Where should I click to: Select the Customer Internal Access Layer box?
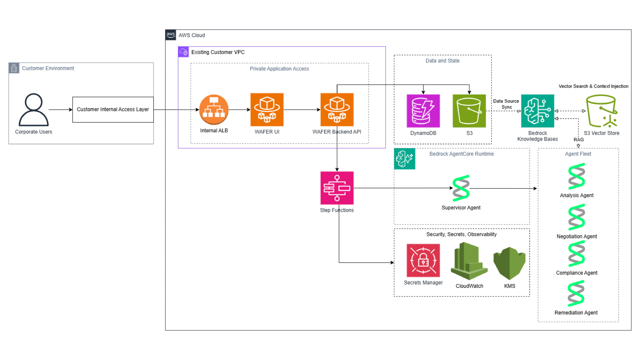pyautogui.click(x=113, y=110)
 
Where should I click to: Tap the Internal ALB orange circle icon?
pyautogui.click(x=214, y=110)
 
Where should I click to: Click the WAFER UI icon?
pyautogui.click(x=267, y=110)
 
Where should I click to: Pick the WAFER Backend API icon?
pyautogui.click(x=337, y=110)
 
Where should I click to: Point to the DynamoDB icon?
pyautogui.click(x=423, y=111)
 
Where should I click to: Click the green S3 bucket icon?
pyautogui.click(x=469, y=111)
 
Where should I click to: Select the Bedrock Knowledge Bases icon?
pyautogui.click(x=537, y=111)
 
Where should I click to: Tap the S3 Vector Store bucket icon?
pyautogui.click(x=601, y=111)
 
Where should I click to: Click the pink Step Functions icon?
pyautogui.click(x=337, y=188)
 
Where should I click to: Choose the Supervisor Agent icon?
pyautogui.click(x=461, y=188)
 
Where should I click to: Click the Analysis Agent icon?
pyautogui.click(x=577, y=176)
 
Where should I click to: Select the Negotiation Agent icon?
pyautogui.click(x=577, y=217)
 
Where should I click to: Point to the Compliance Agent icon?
pyautogui.click(x=577, y=254)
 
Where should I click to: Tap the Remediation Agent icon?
pyautogui.click(x=576, y=293)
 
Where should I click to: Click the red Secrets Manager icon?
pyautogui.click(x=423, y=260)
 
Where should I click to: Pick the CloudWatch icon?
pyautogui.click(x=469, y=261)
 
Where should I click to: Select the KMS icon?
pyautogui.click(x=509, y=263)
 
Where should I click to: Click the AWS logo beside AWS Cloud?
pyautogui.click(x=171, y=35)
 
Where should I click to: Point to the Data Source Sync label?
pyautogui.click(x=506, y=104)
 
